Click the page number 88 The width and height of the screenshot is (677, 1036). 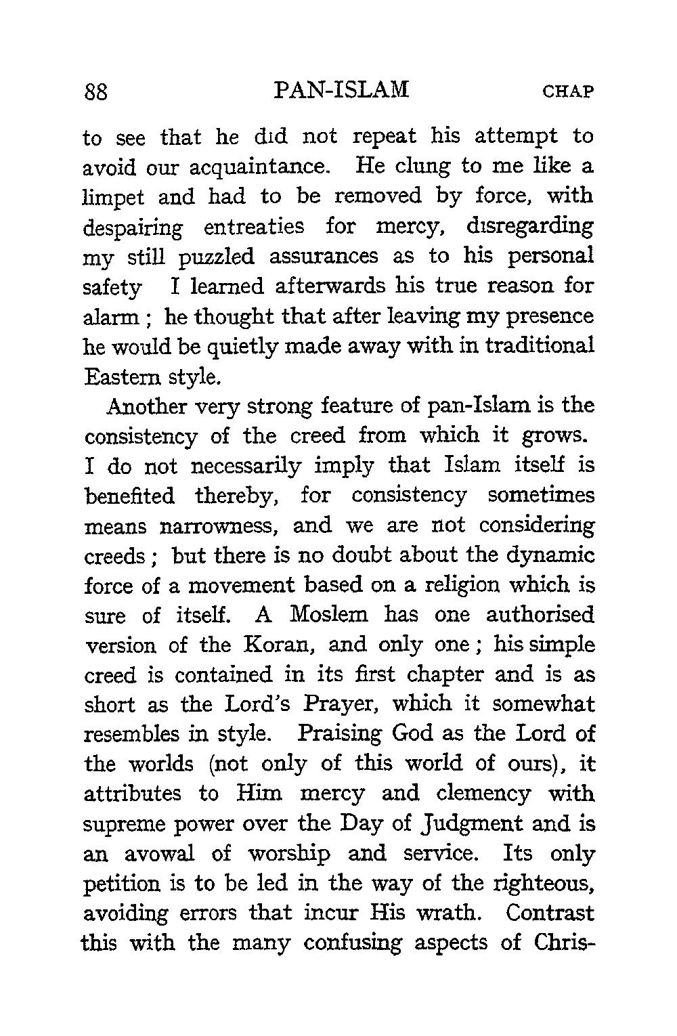click(x=97, y=91)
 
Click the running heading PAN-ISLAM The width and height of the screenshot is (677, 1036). click(x=343, y=90)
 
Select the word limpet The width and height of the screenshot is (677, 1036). click(x=112, y=197)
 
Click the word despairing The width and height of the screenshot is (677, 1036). click(x=133, y=227)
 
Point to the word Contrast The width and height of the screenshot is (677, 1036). click(x=550, y=913)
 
